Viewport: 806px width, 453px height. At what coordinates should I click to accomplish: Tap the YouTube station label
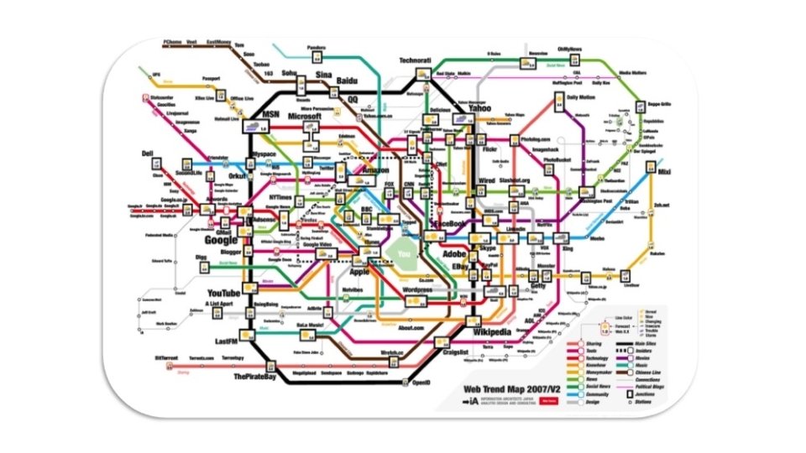223,293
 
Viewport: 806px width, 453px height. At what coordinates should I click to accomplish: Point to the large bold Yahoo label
480,108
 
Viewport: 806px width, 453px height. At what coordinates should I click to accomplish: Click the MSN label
270,114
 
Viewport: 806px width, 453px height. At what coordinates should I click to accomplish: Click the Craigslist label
460,353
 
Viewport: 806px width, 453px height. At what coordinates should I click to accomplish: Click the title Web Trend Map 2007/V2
521,389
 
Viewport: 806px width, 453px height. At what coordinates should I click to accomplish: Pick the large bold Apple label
360,272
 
